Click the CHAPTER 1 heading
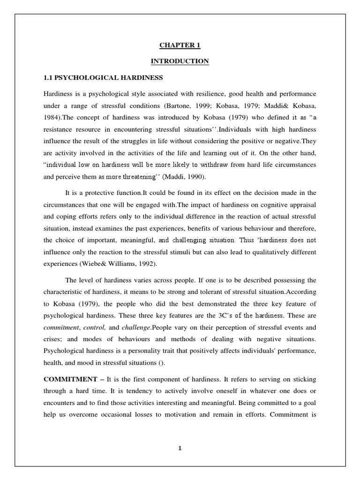[180, 45]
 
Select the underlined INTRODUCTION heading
[180, 61]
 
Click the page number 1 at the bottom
[180, 448]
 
